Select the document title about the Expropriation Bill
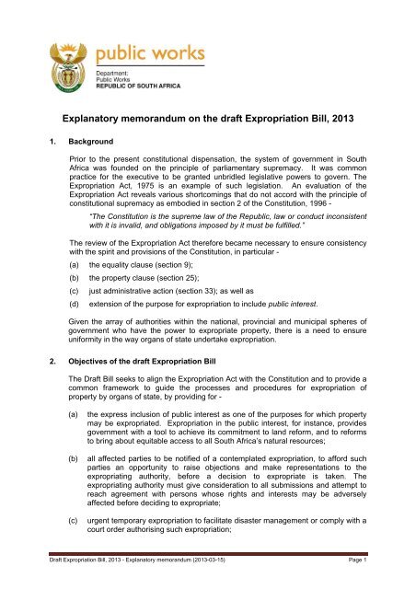pos(208,120)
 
